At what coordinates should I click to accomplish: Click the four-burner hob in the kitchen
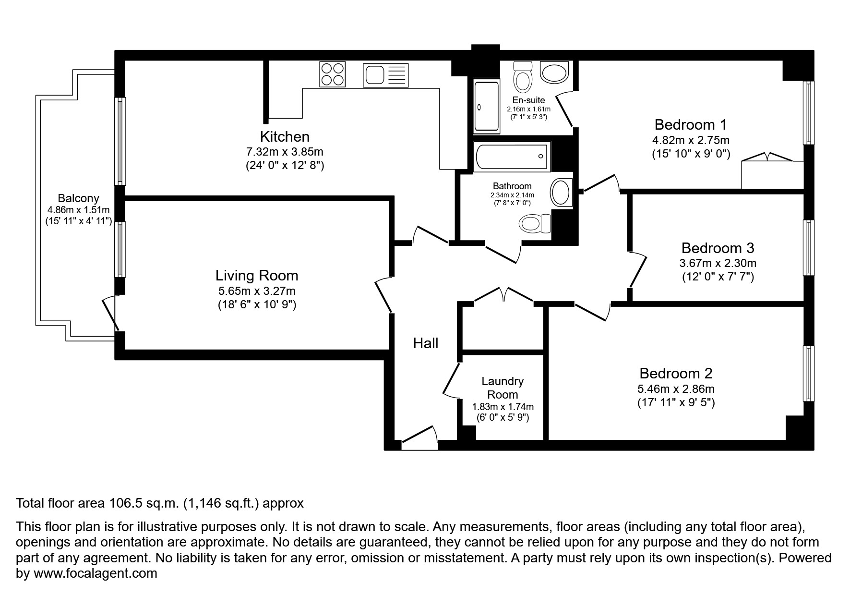(x=332, y=74)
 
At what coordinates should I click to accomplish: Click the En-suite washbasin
(x=554, y=72)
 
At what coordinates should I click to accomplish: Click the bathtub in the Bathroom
(x=512, y=157)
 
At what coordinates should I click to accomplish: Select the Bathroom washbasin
(x=561, y=193)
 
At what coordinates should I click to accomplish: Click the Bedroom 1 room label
(x=690, y=125)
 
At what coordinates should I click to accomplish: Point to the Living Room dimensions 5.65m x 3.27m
(x=257, y=291)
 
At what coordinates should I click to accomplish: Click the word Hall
(x=426, y=343)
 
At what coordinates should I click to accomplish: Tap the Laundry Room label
(x=503, y=388)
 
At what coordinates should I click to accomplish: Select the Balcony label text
(x=78, y=198)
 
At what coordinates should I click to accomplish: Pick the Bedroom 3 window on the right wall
(x=809, y=248)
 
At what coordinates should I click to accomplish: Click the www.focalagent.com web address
(x=95, y=573)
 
